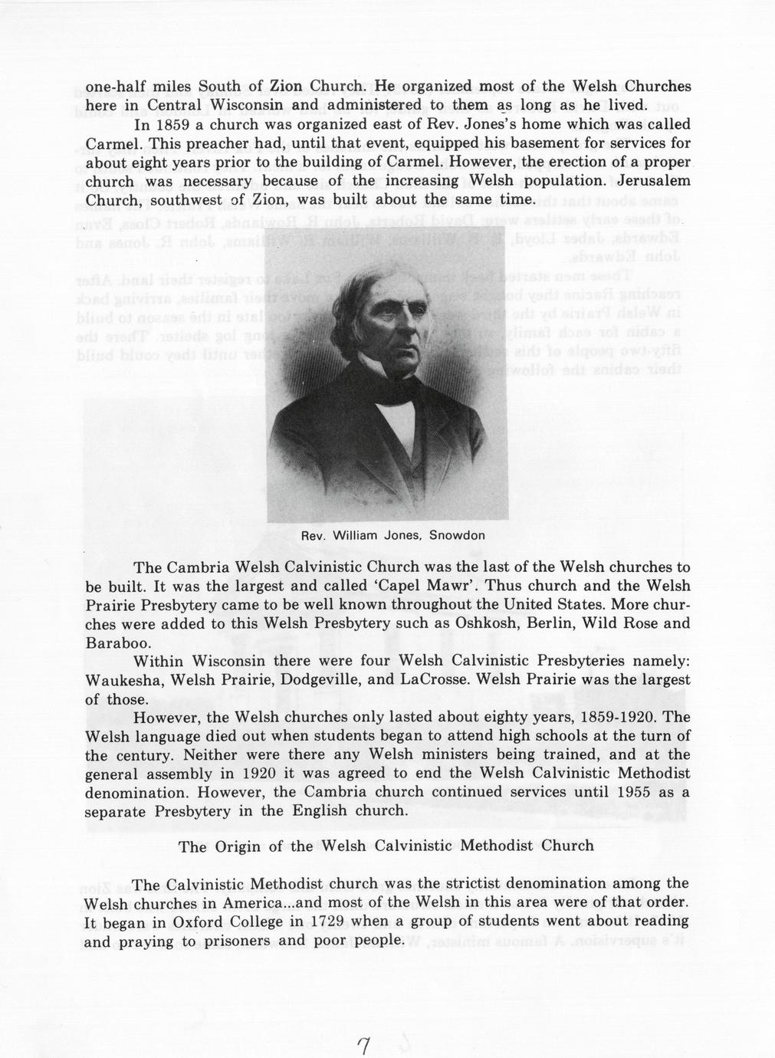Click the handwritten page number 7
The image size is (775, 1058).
(x=364, y=1046)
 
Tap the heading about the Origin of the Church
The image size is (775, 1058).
(x=386, y=846)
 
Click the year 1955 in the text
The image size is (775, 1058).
(x=626, y=791)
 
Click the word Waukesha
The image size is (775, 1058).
(x=123, y=680)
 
